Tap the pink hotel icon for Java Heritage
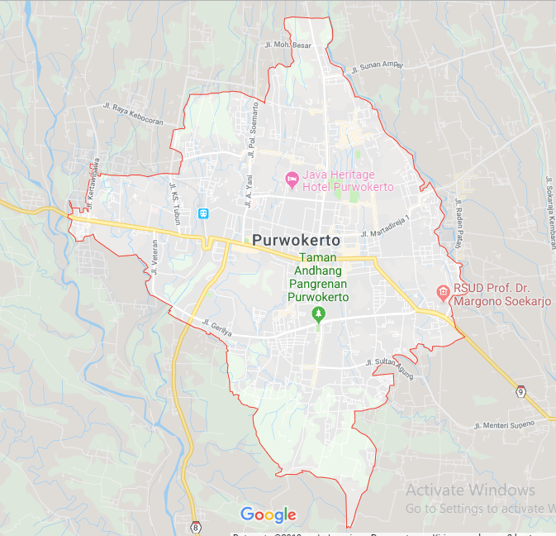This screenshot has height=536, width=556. [x=291, y=179]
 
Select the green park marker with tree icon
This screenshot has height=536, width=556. [x=318, y=313]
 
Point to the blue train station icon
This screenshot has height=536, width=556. [x=203, y=213]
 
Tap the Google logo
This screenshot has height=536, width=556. [x=268, y=514]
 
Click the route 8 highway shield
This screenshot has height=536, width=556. [x=195, y=526]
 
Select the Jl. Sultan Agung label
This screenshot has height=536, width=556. [x=388, y=364]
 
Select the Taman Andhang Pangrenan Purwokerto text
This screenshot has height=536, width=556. [x=318, y=278]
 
